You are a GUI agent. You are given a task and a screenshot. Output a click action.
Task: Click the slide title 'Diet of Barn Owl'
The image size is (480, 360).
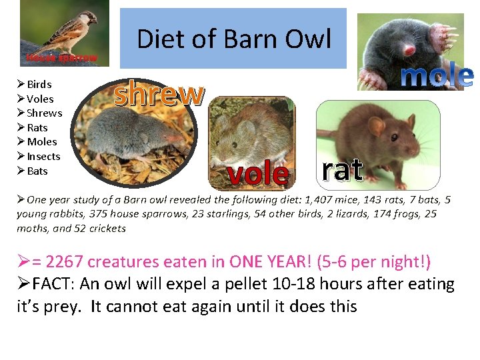(x=233, y=39)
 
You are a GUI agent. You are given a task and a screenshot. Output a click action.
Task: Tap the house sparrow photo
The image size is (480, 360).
(x=64, y=33)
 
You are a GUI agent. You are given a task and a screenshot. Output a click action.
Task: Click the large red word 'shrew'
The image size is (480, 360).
(x=158, y=95)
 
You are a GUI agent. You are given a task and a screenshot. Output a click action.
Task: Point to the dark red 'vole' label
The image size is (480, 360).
(x=258, y=173)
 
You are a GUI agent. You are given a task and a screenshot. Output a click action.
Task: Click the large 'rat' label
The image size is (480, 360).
(x=342, y=169)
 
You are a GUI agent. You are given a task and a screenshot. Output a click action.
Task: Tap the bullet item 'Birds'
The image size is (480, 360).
(x=39, y=85)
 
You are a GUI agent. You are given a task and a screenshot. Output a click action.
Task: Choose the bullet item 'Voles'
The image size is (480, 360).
(x=40, y=99)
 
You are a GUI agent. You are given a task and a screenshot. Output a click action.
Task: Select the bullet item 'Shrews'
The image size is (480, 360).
(x=44, y=113)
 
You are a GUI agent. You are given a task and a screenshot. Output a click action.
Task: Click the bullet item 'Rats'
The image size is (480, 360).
(x=37, y=127)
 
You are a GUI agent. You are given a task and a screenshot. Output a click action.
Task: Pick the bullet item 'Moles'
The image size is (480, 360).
(x=42, y=142)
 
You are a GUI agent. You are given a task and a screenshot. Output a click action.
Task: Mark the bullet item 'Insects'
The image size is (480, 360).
(x=43, y=157)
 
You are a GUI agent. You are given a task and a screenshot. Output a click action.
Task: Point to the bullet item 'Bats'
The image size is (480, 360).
(x=37, y=171)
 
